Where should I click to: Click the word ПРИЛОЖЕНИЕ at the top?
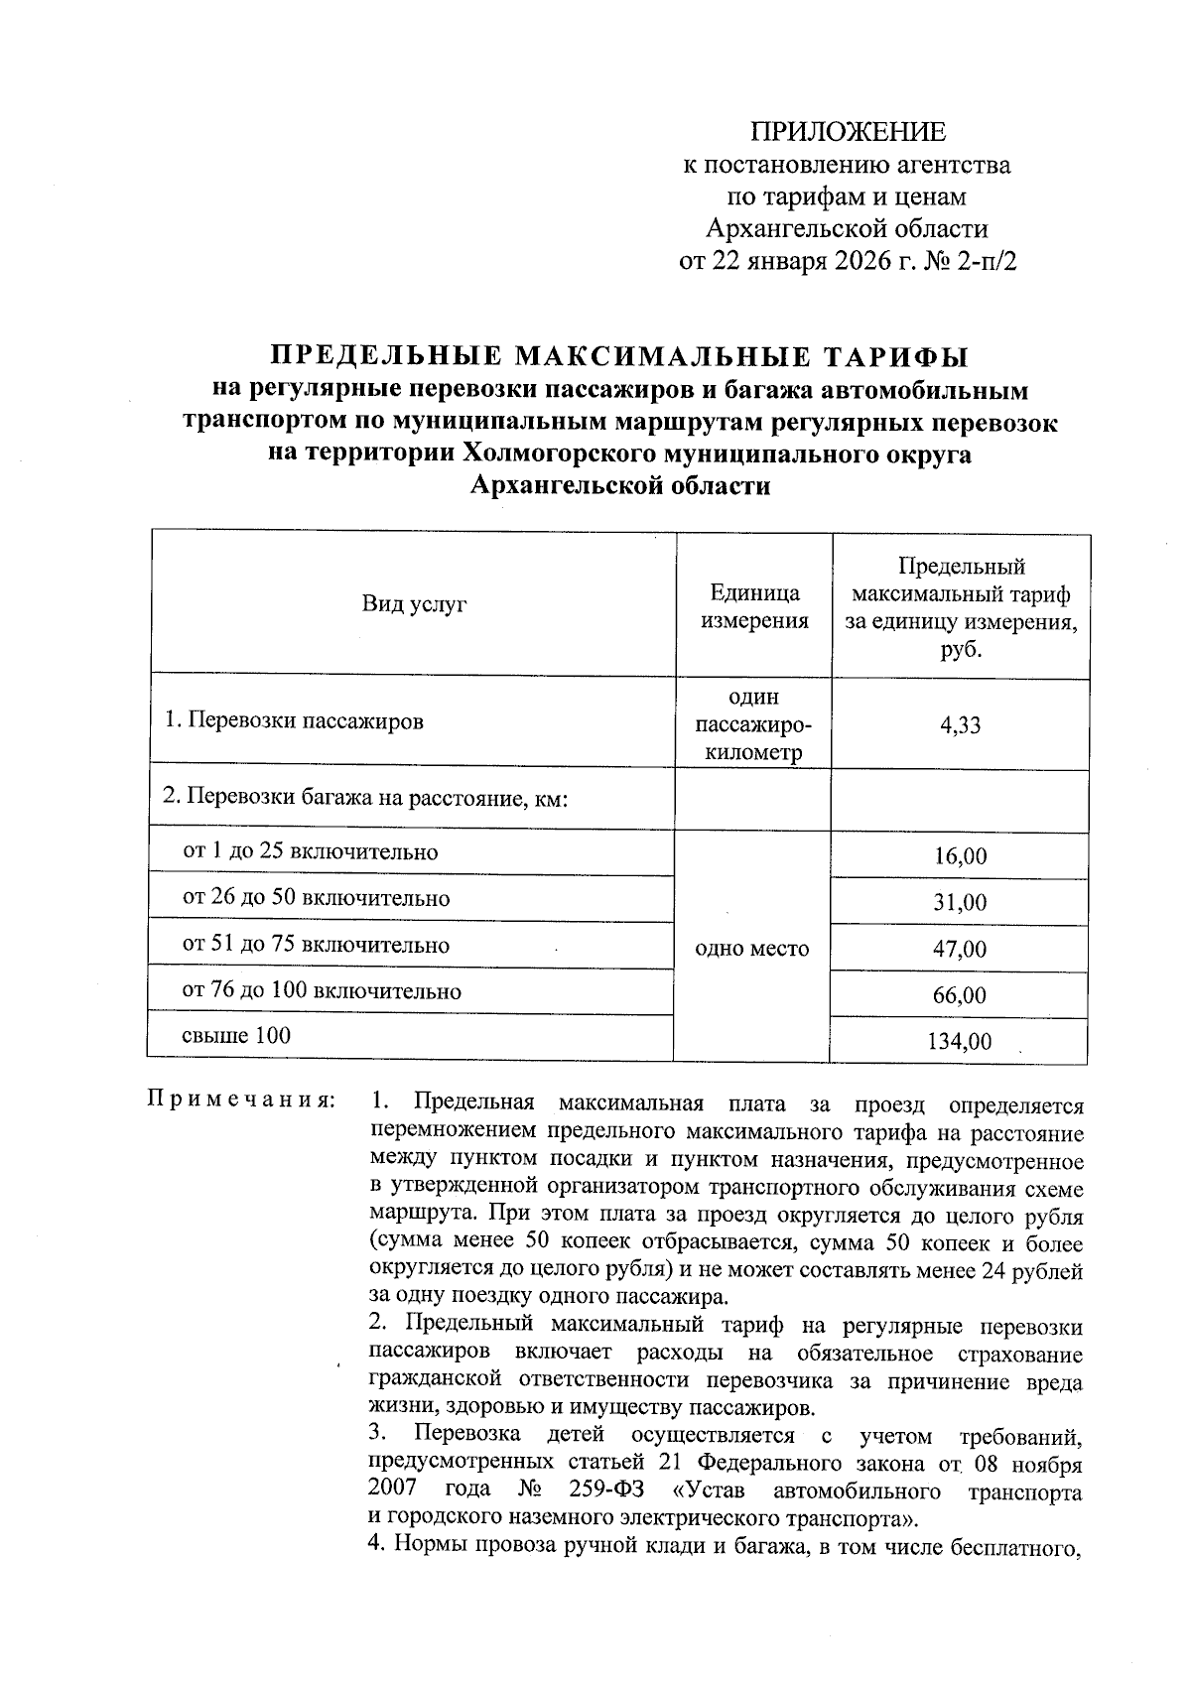[848, 132]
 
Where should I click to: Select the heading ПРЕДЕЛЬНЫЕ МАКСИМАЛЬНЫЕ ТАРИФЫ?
[620, 356]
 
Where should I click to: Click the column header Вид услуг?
[413, 604]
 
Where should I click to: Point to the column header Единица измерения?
[754, 606]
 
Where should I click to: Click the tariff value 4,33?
[960, 724]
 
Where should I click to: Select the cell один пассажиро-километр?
[754, 725]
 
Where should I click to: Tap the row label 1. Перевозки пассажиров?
[294, 721]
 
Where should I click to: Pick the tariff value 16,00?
[960, 856]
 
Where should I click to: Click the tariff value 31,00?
[960, 903]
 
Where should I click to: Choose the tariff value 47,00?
[960, 950]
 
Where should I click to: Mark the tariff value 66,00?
[960, 995]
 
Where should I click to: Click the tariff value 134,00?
[960, 1042]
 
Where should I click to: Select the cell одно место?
[753, 949]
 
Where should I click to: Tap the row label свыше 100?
[236, 1036]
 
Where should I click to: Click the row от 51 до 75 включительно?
[316, 945]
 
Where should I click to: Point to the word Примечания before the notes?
[242, 1101]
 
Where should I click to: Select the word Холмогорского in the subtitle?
[557, 454]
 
